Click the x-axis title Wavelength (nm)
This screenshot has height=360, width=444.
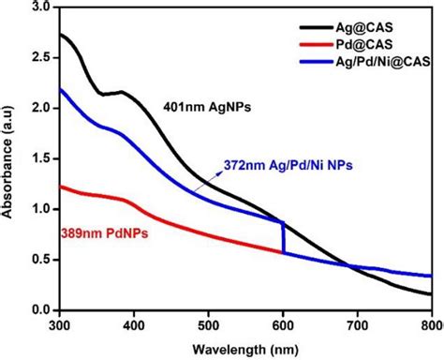coord(244,349)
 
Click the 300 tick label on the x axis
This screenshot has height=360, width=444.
coord(59,324)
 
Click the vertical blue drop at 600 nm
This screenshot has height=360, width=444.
coord(283,237)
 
